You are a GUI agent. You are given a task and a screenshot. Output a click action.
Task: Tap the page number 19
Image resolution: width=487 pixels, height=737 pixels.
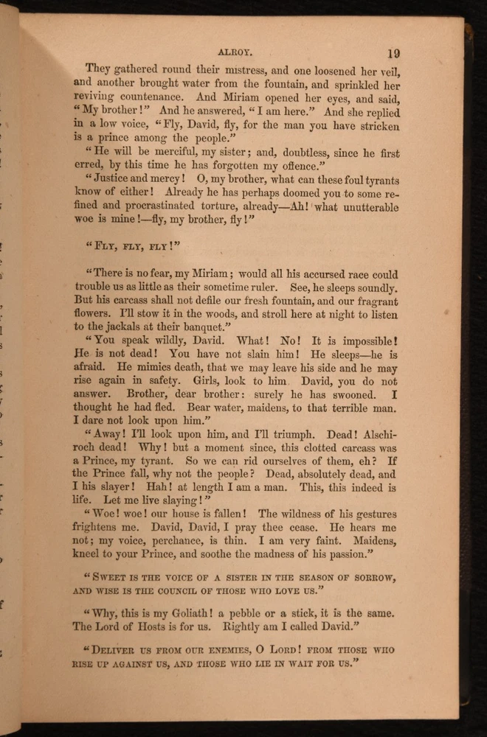pos(393,52)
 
